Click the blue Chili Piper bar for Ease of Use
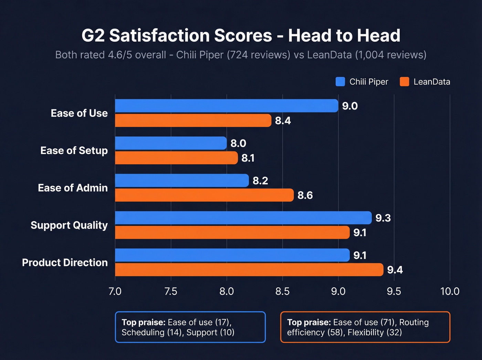tap(227, 106)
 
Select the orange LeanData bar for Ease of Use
tap(193, 121)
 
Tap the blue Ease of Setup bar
tap(171, 143)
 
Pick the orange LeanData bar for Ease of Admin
tap(204, 195)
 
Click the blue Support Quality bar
tap(243, 218)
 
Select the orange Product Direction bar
tap(249, 270)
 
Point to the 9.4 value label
tap(395, 270)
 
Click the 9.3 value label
tap(383, 218)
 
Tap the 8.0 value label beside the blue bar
tap(238, 143)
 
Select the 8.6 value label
tap(305, 195)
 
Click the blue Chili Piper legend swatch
tap(340, 82)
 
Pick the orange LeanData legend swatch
tap(404, 82)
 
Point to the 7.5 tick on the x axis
tap(171, 291)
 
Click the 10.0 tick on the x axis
tap(450, 291)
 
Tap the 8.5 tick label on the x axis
tap(282, 291)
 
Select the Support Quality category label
tap(69, 225)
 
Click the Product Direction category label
tap(65, 263)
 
